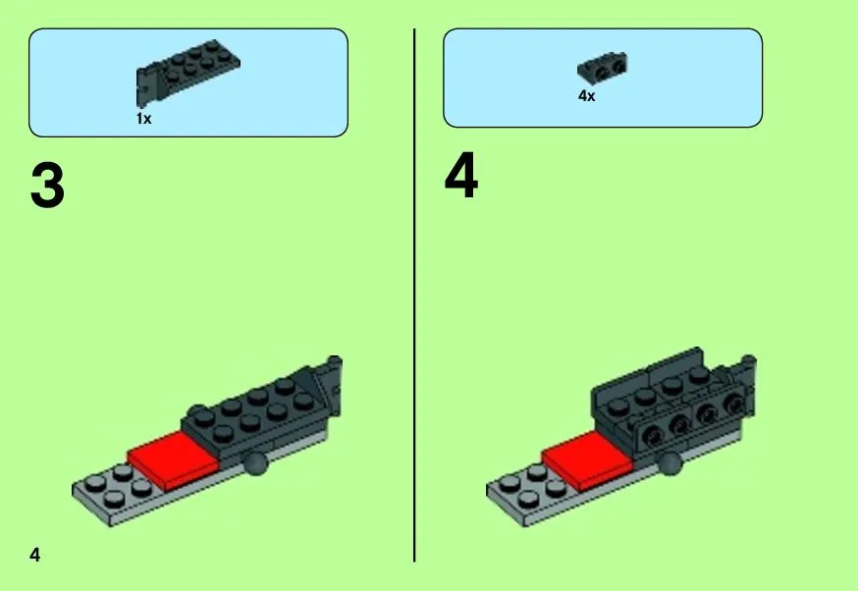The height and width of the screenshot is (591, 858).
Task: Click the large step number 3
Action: tap(47, 186)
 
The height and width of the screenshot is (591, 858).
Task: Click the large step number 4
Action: tap(461, 175)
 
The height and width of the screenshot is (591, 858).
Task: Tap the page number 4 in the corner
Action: tap(35, 555)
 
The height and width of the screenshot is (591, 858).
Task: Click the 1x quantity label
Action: tap(144, 118)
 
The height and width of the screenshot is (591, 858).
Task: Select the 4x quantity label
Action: tap(587, 96)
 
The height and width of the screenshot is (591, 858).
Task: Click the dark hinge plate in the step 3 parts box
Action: tap(187, 71)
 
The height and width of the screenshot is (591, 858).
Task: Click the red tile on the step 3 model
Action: tap(173, 459)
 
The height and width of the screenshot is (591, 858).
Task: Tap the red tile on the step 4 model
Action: tap(587, 459)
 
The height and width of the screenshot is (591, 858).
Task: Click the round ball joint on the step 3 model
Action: tap(255, 463)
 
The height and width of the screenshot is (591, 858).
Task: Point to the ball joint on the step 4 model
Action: tap(670, 463)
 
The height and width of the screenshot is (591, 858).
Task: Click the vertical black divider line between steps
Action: tap(414, 295)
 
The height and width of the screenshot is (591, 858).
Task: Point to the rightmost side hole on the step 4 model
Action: tap(735, 404)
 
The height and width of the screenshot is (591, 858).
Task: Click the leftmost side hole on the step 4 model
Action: tap(651, 435)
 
